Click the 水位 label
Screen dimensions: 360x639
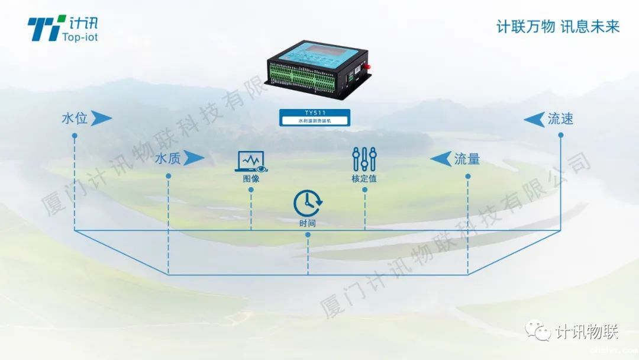(x=75, y=118)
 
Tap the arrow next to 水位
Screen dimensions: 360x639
(x=101, y=118)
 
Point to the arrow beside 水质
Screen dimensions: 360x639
(x=193, y=158)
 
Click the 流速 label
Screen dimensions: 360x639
(x=560, y=119)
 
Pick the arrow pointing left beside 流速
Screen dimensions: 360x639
(x=534, y=120)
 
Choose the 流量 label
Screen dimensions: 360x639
(x=467, y=159)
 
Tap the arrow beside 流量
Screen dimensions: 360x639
(x=441, y=159)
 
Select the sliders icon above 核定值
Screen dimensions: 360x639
(x=364, y=159)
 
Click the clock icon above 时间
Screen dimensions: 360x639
(x=308, y=203)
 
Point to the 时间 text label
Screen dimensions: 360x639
(x=308, y=223)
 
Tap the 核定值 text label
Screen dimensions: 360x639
(x=364, y=178)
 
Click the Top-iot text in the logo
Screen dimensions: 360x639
(x=80, y=37)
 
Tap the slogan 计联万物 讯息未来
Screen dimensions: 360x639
(x=557, y=27)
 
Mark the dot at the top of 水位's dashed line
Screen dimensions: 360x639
(x=75, y=136)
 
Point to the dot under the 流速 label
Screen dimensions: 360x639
(x=560, y=135)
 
